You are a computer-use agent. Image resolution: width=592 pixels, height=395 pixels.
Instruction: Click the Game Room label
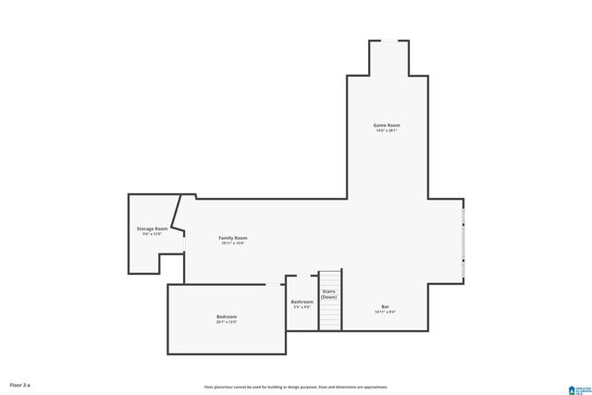pyautogui.click(x=387, y=125)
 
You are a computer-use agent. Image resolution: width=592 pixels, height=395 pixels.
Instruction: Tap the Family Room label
pyautogui.click(x=232, y=238)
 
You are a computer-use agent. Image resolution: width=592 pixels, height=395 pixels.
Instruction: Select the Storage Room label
pyautogui.click(x=152, y=228)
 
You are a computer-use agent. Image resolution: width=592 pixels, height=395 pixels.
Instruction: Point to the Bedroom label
pyautogui.click(x=227, y=316)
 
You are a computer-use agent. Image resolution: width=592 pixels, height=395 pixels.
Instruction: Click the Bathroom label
pyautogui.click(x=302, y=302)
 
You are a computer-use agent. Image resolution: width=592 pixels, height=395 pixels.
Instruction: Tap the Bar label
pyautogui.click(x=385, y=306)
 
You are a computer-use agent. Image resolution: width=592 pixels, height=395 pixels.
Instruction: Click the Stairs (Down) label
pyautogui.click(x=329, y=293)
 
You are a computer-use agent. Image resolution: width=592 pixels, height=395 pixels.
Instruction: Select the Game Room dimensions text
pyautogui.click(x=387, y=131)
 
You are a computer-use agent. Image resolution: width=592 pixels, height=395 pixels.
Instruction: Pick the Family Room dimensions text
pyautogui.click(x=232, y=244)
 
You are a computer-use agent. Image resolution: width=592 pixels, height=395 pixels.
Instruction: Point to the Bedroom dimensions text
pyautogui.click(x=227, y=323)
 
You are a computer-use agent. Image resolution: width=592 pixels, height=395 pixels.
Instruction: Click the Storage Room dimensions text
pyautogui.click(x=152, y=234)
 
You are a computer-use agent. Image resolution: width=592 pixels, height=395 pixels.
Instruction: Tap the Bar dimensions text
pyautogui.click(x=385, y=313)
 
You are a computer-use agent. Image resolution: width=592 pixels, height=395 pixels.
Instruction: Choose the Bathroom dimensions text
pyautogui.click(x=302, y=307)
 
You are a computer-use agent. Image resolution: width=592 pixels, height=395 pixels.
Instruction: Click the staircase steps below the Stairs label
pyautogui.click(x=330, y=315)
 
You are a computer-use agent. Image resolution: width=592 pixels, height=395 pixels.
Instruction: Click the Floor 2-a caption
pyautogui.click(x=19, y=384)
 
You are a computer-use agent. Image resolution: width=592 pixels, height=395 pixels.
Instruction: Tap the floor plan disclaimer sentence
pyautogui.click(x=295, y=387)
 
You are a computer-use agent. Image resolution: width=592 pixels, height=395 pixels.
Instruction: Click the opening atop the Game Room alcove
pyautogui.click(x=388, y=41)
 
